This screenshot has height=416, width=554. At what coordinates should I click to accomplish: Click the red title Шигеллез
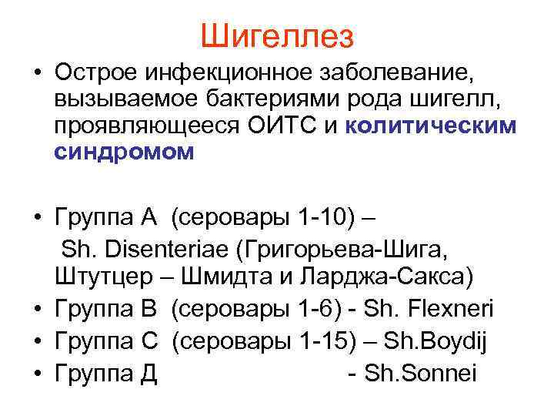[x=277, y=35]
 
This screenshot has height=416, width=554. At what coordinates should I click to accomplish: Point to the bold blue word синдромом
[x=124, y=153]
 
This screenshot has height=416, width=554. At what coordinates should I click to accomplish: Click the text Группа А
[x=105, y=222]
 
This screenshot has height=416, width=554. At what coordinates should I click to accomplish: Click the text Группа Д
[x=106, y=374]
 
